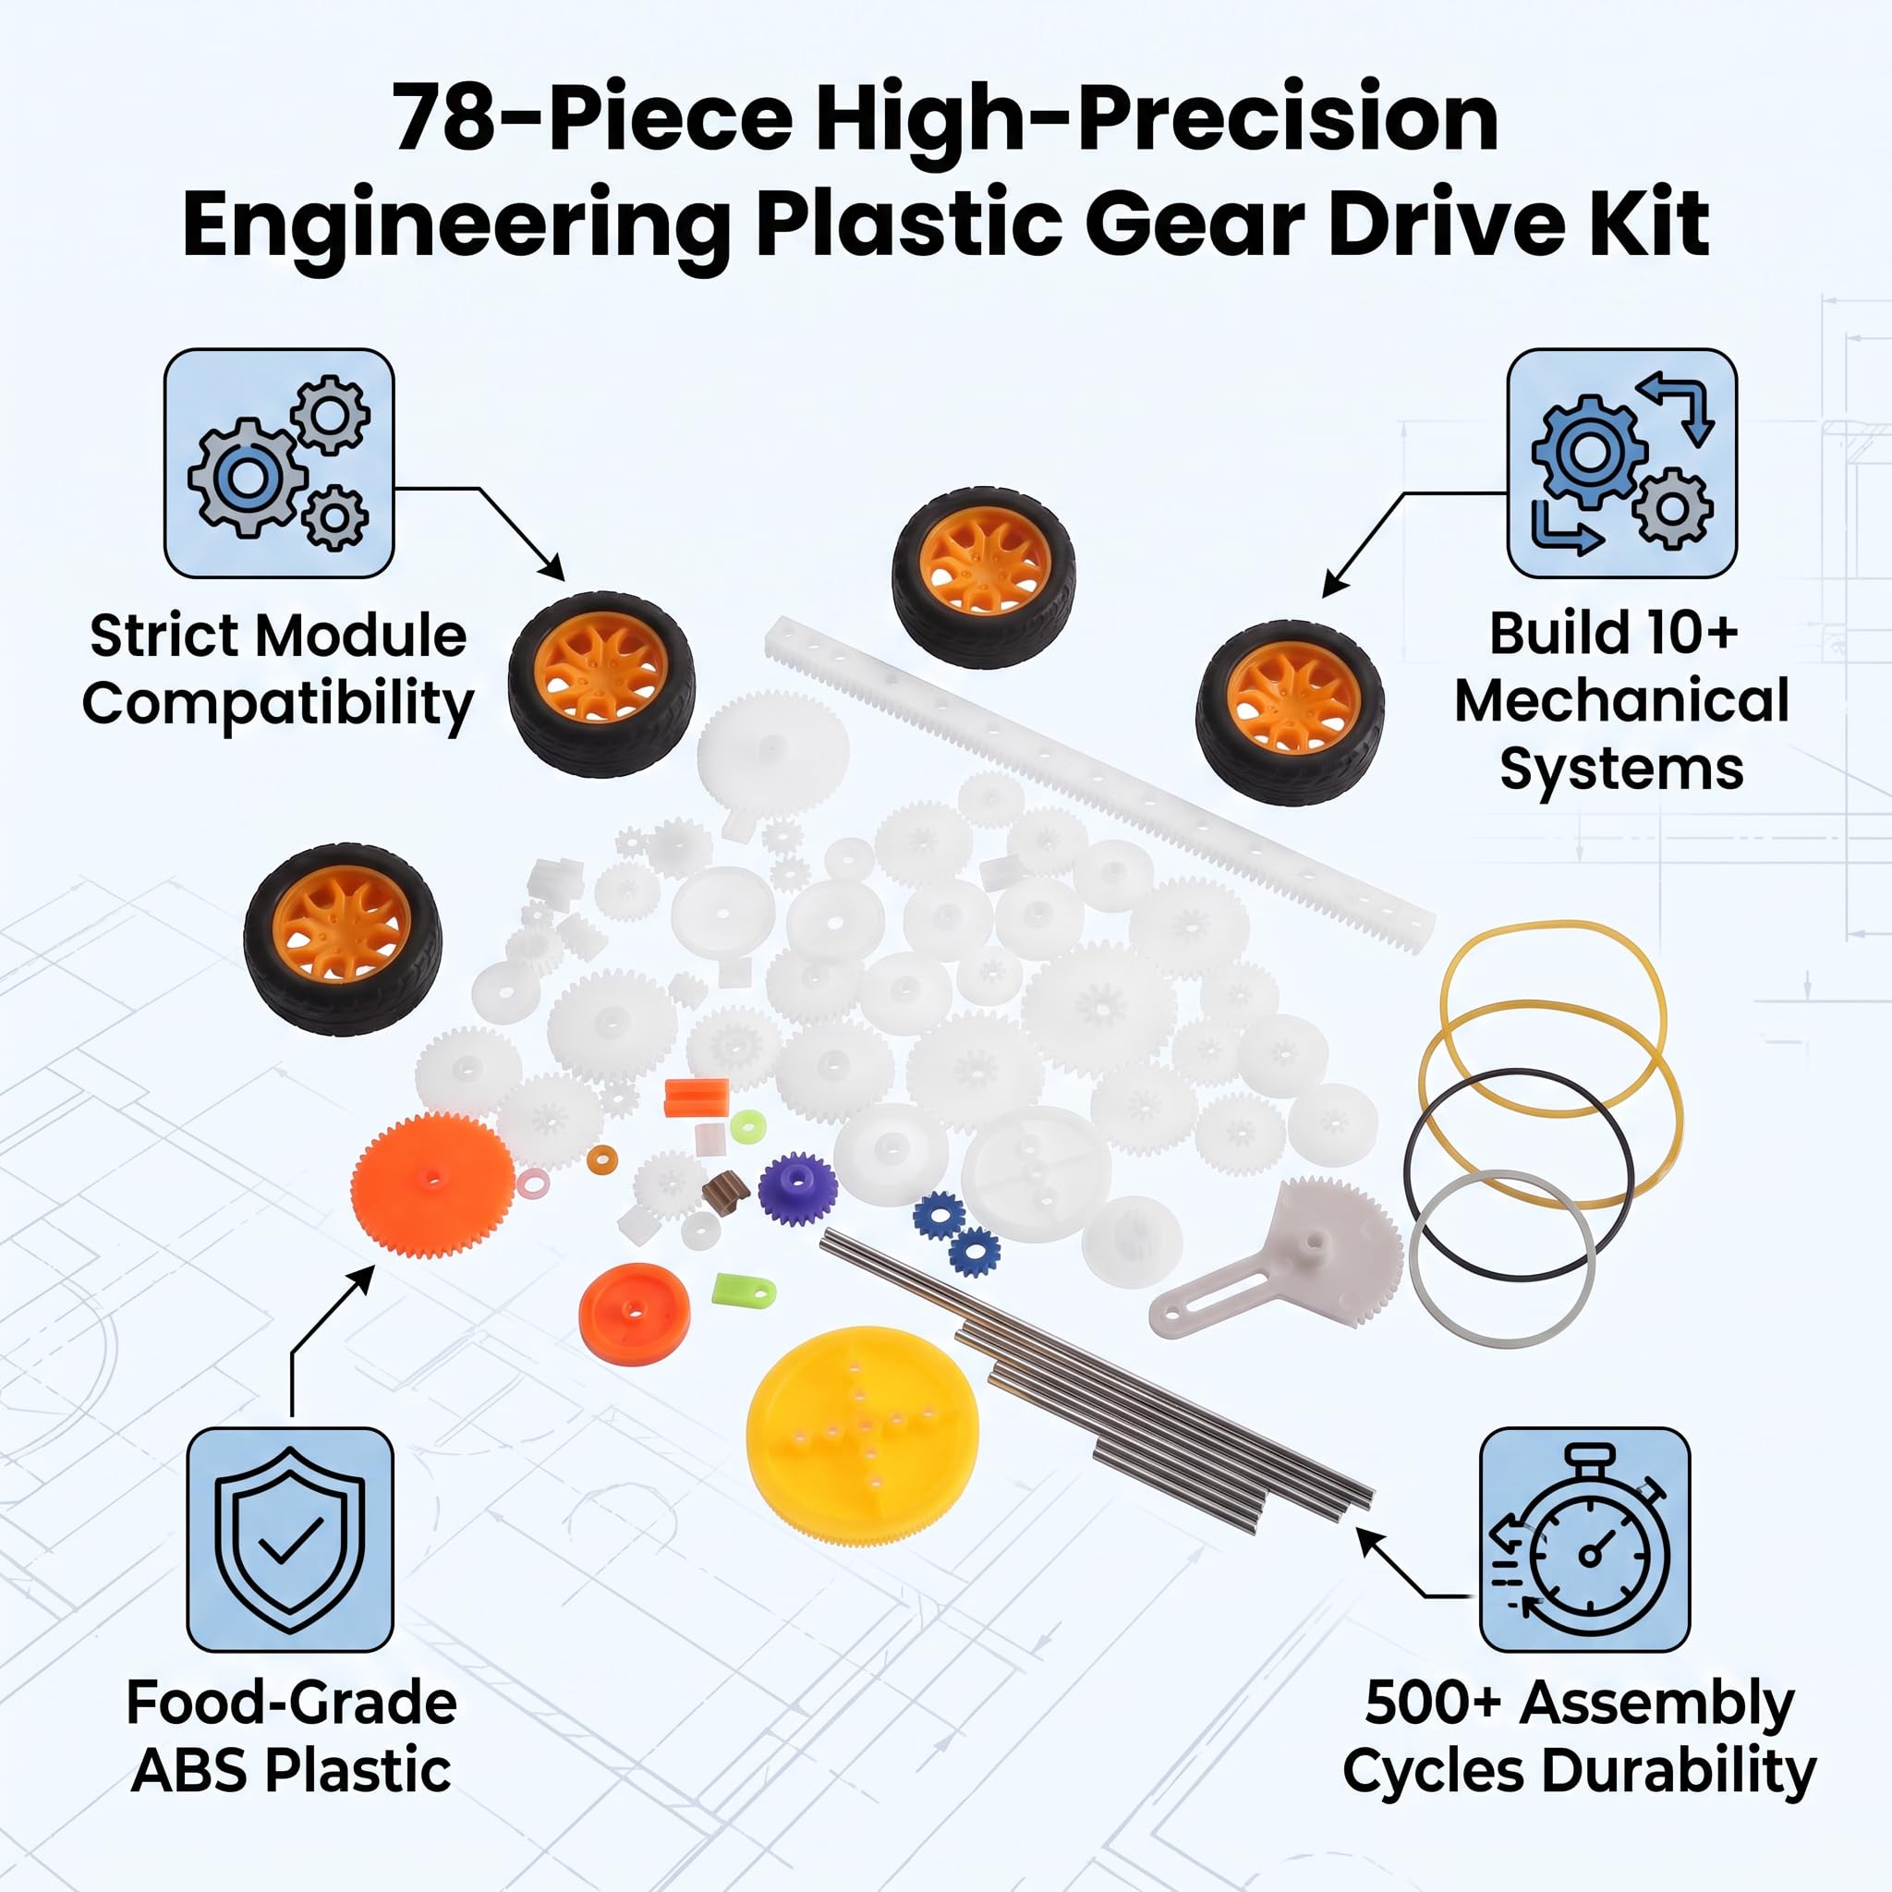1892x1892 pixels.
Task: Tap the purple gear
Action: (x=797, y=1189)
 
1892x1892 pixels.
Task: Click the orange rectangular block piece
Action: (x=697, y=1098)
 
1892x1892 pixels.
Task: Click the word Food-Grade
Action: (x=292, y=1703)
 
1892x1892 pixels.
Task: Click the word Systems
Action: (x=1620, y=770)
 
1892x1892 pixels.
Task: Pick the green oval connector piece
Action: (x=745, y=1291)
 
